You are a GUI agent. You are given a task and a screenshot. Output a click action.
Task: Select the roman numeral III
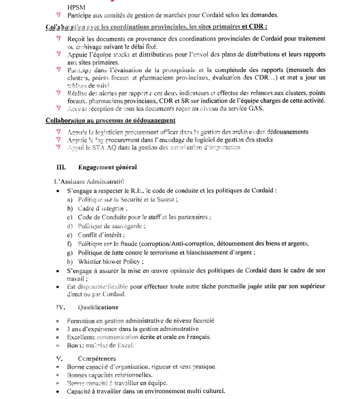(60, 167)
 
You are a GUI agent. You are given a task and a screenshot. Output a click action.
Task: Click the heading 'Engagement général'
(107, 167)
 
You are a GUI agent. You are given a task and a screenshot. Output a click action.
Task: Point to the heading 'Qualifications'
(98, 307)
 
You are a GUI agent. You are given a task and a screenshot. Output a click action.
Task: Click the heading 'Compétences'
(97, 358)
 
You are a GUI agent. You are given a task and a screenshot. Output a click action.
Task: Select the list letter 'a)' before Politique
(70, 200)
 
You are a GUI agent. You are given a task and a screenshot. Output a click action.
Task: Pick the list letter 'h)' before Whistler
(70, 261)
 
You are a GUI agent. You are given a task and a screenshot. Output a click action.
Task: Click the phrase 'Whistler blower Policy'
(110, 261)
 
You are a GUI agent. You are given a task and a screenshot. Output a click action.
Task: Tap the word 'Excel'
(125, 345)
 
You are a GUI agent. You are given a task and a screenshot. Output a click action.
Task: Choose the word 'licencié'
(201, 321)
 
